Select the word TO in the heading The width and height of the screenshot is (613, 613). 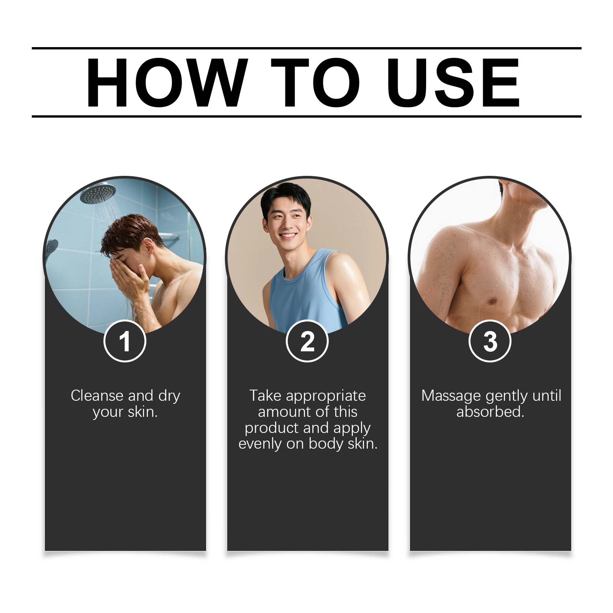coord(315,83)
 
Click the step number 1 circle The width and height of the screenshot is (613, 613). coord(125,341)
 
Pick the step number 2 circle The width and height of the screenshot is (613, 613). coord(307,341)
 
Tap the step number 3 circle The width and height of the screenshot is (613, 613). coord(490,341)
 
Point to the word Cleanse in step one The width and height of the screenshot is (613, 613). coord(97,395)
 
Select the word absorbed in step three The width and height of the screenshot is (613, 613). coord(490,412)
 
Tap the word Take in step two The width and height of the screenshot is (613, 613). coord(265,395)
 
